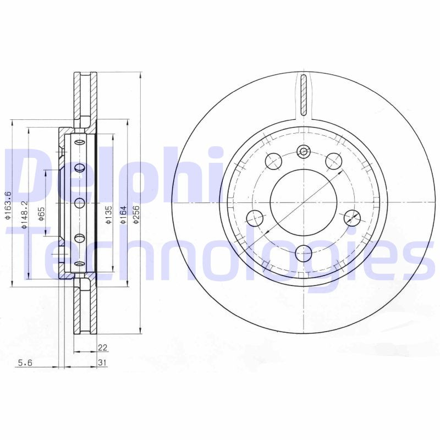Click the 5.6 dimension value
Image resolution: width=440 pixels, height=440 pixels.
[x=25, y=362]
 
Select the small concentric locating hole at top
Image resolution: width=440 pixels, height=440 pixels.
[x=303, y=151]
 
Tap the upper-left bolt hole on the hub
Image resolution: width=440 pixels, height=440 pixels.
[x=273, y=161]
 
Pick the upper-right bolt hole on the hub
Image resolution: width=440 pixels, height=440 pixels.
[x=333, y=161]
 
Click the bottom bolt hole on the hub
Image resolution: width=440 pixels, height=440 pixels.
[x=303, y=253]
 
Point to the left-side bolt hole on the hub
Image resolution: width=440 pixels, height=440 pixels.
[x=255, y=218]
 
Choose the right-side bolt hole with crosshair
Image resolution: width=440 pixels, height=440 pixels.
[x=351, y=217]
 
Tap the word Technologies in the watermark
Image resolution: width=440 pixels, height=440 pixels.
[x=220, y=253]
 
